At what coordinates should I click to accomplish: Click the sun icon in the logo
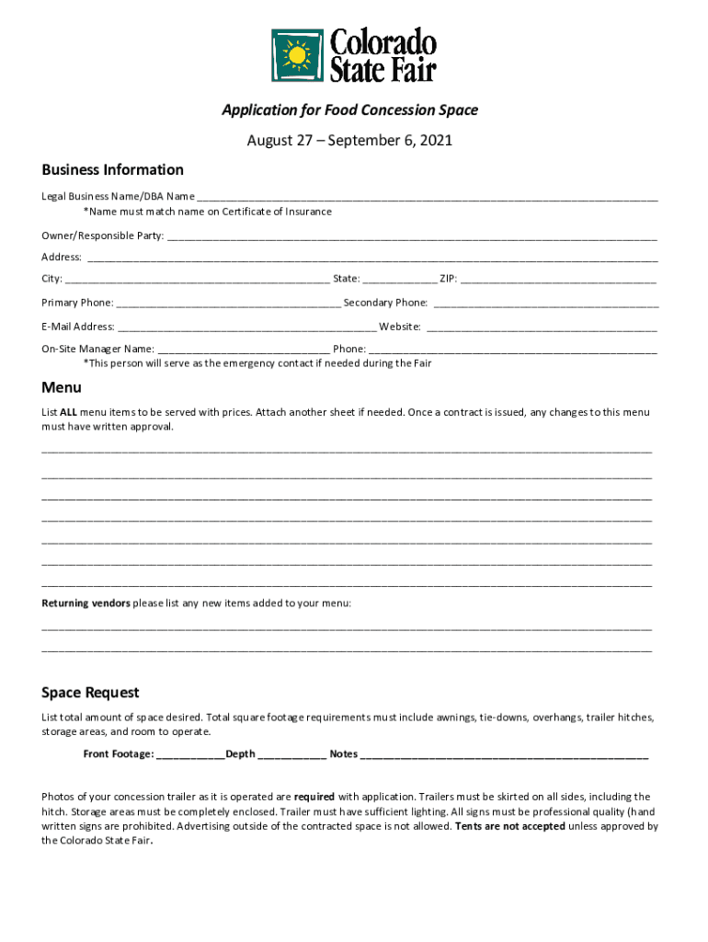coord(297,56)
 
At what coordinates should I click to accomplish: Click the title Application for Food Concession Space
coord(349,110)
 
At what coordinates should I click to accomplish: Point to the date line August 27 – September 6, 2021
coord(349,141)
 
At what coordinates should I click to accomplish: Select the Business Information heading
coord(112,169)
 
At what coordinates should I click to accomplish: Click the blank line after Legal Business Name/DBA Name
coord(427,197)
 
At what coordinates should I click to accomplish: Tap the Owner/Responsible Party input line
coord(412,236)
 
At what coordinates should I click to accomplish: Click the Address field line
coord(371,258)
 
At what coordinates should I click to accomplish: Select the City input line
coord(198,279)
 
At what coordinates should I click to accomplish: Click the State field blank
coord(400,279)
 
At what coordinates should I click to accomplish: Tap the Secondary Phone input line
coord(546,303)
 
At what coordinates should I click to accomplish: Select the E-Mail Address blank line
coord(247,327)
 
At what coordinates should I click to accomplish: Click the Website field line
coord(542,327)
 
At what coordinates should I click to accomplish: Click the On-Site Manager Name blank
coord(244,350)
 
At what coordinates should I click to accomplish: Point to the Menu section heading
coord(62,387)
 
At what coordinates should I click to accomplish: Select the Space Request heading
coord(90,692)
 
